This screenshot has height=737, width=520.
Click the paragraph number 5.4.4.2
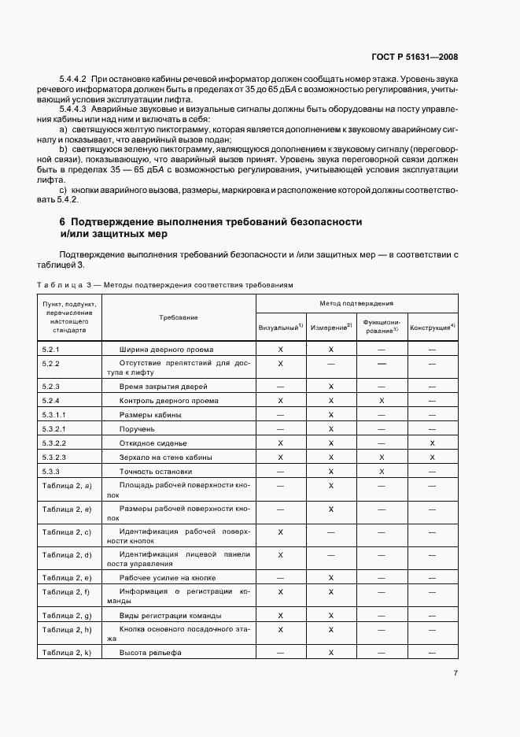73,80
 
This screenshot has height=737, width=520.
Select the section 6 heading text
211,228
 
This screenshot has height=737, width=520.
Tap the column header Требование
178,317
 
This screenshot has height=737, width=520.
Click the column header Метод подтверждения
356,302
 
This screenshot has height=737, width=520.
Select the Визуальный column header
281,326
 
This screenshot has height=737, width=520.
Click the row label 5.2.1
51,348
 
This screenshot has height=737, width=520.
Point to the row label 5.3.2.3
55,457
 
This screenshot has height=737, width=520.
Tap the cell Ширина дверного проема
166,348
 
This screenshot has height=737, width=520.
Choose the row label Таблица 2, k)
66,653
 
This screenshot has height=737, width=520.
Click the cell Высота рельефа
150,653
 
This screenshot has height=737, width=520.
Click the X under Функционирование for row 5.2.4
382,401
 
